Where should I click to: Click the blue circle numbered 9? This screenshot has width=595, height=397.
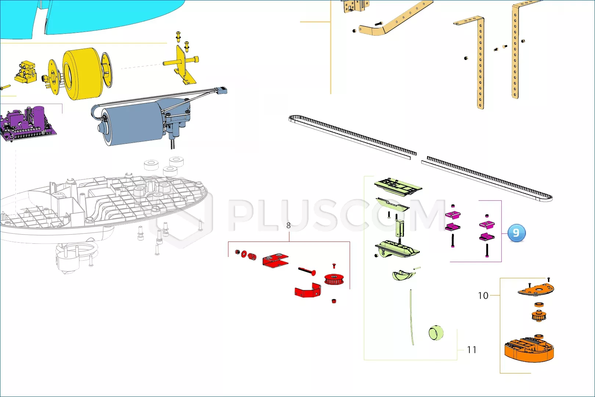[x=516, y=233]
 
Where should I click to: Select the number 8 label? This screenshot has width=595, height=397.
[x=288, y=225]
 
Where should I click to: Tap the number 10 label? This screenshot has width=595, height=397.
[x=483, y=296]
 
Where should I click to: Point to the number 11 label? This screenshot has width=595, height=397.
[x=472, y=350]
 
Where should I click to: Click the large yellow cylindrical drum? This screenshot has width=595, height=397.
[x=83, y=74]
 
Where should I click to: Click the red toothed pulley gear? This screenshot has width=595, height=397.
[x=334, y=279]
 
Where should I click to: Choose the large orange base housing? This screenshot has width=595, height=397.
[x=529, y=349]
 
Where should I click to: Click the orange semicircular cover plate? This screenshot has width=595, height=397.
[x=536, y=290]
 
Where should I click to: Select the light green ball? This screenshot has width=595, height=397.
[x=436, y=333]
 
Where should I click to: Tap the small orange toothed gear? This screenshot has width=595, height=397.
[x=539, y=316]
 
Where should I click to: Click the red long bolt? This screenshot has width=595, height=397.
[x=307, y=271]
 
